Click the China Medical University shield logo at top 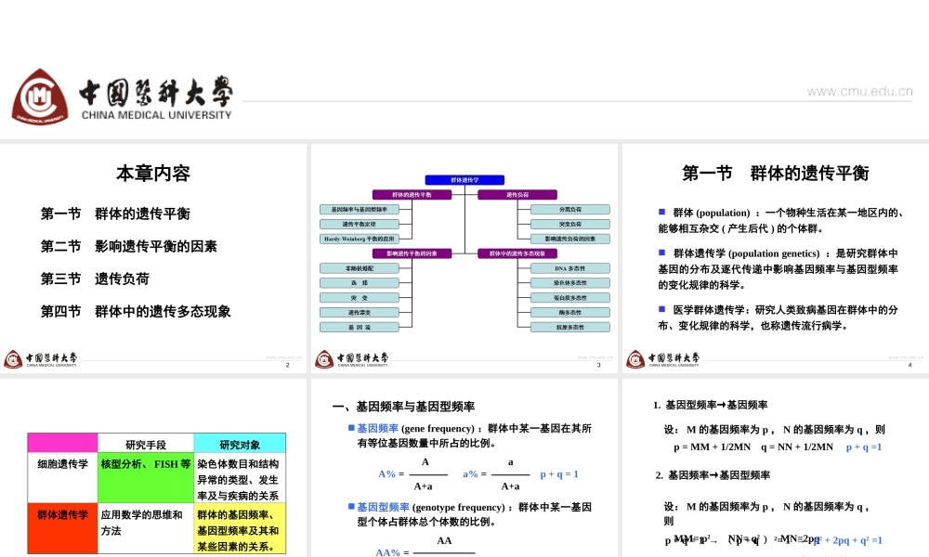(40, 97)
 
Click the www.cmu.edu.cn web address (859, 91)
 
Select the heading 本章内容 (153, 174)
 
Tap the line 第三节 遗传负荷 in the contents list (95, 278)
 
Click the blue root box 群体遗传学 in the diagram (464, 180)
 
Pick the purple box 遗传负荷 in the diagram (517, 195)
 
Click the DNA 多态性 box (569, 268)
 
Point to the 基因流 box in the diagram (360, 327)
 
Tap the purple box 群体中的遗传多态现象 (517, 253)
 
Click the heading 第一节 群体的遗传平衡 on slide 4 (776, 174)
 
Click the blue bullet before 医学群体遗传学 (662, 308)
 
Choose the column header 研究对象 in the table (239, 444)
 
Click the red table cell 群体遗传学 (63, 514)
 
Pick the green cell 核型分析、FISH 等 (145, 463)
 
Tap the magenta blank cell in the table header (63, 444)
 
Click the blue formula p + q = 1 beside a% (559, 474)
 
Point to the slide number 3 (599, 366)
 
